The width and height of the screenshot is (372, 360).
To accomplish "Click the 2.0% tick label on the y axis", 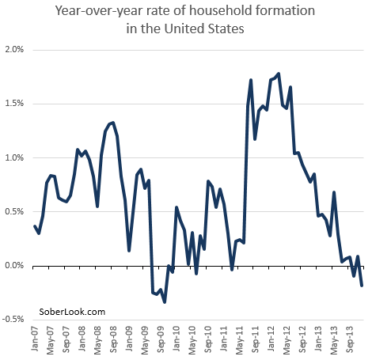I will [15, 49].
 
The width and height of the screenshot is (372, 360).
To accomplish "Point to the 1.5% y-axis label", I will [15, 103].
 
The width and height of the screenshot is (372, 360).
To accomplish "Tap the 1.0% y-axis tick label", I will [15, 157].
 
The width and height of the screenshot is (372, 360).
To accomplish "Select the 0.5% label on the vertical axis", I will [15, 211].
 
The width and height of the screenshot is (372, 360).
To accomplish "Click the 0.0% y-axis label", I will [15, 265].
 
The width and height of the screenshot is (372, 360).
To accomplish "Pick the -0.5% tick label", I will [13, 319].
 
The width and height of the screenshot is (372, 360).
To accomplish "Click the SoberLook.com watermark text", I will [72, 313].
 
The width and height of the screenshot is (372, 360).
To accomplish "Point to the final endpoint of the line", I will [362, 286].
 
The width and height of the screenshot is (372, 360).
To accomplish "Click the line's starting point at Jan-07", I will [35, 226].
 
